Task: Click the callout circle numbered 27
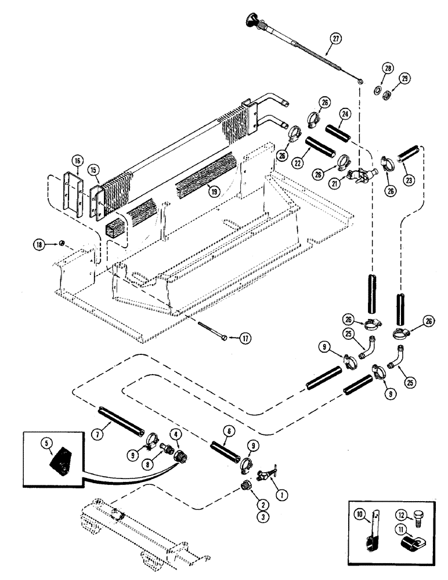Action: point(334,39)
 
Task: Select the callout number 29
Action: point(404,78)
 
